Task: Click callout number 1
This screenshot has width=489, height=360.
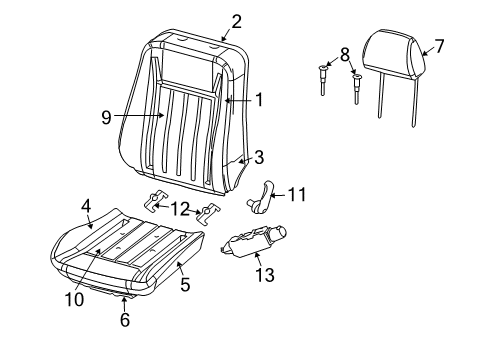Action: (259, 99)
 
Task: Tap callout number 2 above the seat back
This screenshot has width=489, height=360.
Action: (236, 21)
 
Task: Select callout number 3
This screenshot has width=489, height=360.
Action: (258, 156)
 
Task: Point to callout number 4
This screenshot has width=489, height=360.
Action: (86, 205)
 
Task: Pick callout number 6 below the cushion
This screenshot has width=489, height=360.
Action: (125, 320)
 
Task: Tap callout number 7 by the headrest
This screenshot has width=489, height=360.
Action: (438, 45)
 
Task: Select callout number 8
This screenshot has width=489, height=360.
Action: (344, 54)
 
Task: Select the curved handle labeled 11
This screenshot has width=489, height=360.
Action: (265, 193)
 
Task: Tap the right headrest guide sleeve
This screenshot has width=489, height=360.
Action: (357, 88)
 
